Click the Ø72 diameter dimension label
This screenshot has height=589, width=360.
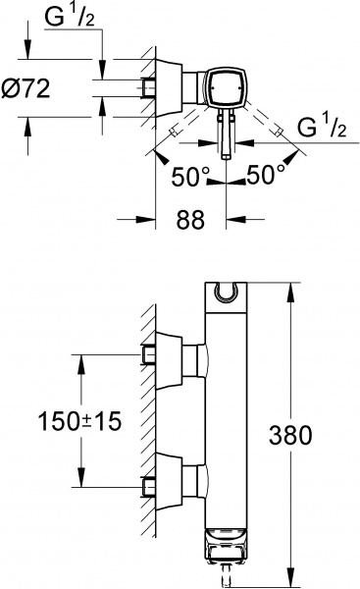pos(26,88)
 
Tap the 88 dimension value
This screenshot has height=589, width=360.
pos(190,219)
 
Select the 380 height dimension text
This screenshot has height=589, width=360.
pos(290,435)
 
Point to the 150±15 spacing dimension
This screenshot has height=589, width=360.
pos(79,421)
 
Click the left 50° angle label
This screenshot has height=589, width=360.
pos(190,177)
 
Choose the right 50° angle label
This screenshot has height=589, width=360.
pos(266,175)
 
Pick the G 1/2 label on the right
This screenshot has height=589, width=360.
pos(322,127)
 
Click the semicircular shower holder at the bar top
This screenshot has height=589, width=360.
pos(227,293)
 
